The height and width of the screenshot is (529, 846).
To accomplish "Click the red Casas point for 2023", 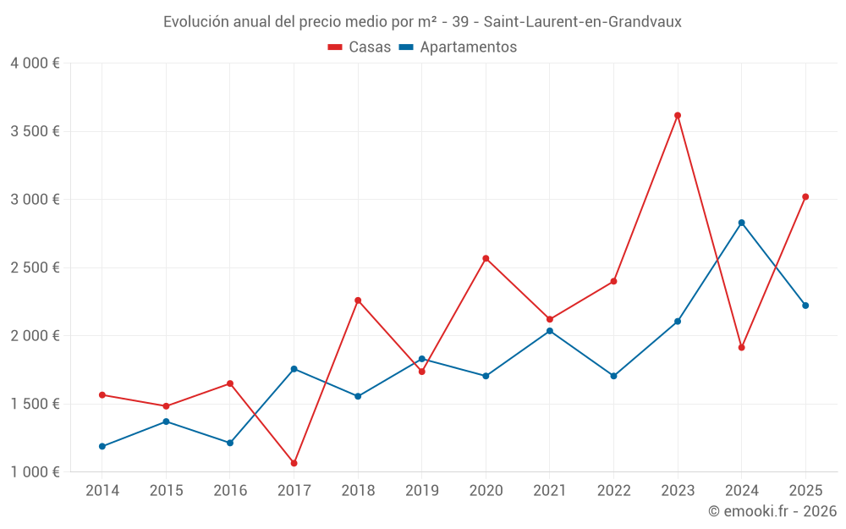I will [x=678, y=115].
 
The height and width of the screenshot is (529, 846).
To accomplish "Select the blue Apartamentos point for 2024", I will [x=741, y=223].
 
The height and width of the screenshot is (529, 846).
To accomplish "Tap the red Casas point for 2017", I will [x=294, y=463].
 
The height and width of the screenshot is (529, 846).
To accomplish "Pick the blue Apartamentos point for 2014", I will [x=102, y=446].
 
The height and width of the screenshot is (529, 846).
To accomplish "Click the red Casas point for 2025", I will [x=805, y=197].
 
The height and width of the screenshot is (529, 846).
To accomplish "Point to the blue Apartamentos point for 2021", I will [x=550, y=331].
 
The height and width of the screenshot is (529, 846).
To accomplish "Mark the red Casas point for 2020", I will [x=486, y=258].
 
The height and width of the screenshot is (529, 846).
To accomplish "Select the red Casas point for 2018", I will [x=358, y=300].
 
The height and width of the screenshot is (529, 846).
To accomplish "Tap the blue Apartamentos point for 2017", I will [x=294, y=369].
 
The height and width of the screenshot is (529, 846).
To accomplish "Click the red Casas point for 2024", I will [x=741, y=347].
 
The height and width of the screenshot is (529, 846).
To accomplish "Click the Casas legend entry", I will [x=360, y=47].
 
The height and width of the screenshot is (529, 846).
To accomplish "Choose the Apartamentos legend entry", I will [x=458, y=47].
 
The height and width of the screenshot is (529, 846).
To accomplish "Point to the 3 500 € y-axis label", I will [x=35, y=131].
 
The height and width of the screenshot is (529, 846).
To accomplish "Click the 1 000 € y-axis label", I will [x=35, y=472].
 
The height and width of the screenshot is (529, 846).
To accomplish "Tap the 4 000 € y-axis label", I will [x=35, y=63].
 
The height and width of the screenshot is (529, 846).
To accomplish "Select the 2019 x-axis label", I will [x=422, y=491].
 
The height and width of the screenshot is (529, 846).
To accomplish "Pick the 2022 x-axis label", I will [x=613, y=491].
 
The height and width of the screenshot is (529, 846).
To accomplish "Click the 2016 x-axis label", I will [x=230, y=491].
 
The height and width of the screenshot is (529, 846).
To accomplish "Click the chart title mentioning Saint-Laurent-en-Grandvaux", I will [x=422, y=22].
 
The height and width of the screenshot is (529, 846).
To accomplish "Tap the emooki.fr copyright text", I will [x=772, y=511].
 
